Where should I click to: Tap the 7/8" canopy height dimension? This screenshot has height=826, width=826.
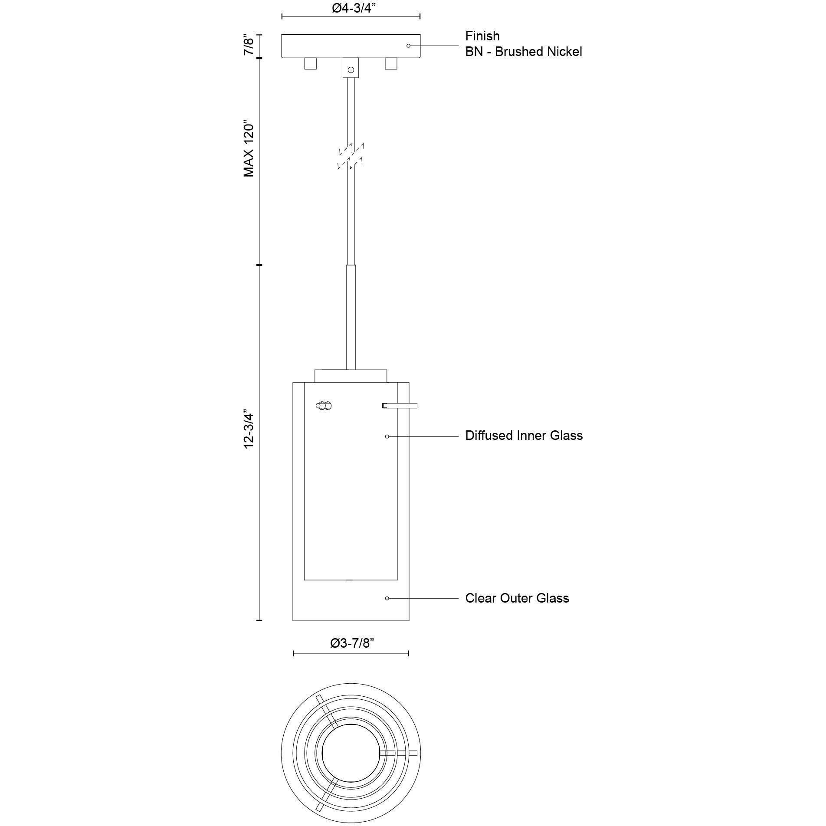pyautogui.click(x=248, y=45)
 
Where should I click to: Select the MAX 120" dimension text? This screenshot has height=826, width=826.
pyautogui.click(x=248, y=148)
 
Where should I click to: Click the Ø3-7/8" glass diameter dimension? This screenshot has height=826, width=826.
pyautogui.click(x=351, y=643)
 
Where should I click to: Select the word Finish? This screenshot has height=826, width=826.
pyautogui.click(x=482, y=36)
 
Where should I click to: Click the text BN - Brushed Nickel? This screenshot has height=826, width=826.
pyautogui.click(x=523, y=52)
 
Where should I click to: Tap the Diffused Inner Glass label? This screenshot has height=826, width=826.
pyautogui.click(x=524, y=436)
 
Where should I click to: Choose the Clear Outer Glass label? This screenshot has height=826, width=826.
pyautogui.click(x=517, y=598)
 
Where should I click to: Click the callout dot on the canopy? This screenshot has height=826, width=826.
pyautogui.click(x=408, y=46)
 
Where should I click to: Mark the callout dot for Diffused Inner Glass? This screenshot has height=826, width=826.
pyautogui.click(x=387, y=436)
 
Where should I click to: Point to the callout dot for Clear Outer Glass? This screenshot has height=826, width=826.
pyautogui.click(x=387, y=598)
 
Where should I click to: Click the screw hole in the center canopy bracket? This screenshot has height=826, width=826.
pyautogui.click(x=351, y=70)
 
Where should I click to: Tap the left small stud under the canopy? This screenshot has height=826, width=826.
pyautogui.click(x=310, y=64)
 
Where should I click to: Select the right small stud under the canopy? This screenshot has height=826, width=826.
pyautogui.click(x=391, y=64)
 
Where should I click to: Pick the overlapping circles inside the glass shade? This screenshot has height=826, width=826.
pyautogui.click(x=324, y=406)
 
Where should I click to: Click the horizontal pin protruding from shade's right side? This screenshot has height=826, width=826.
pyautogui.click(x=400, y=406)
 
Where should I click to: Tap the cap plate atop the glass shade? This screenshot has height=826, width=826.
pyautogui.click(x=351, y=376)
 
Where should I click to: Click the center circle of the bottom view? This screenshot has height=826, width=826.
pyautogui.click(x=351, y=753)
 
